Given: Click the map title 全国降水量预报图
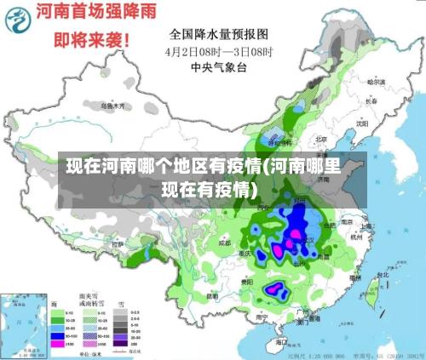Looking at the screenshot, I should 219,35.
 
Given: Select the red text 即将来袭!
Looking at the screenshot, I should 93,39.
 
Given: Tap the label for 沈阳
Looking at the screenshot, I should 363,122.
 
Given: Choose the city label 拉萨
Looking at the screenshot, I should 118,244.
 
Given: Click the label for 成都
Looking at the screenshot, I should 224,243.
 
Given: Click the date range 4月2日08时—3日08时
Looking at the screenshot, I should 218,50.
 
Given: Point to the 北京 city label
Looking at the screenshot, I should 321,139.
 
